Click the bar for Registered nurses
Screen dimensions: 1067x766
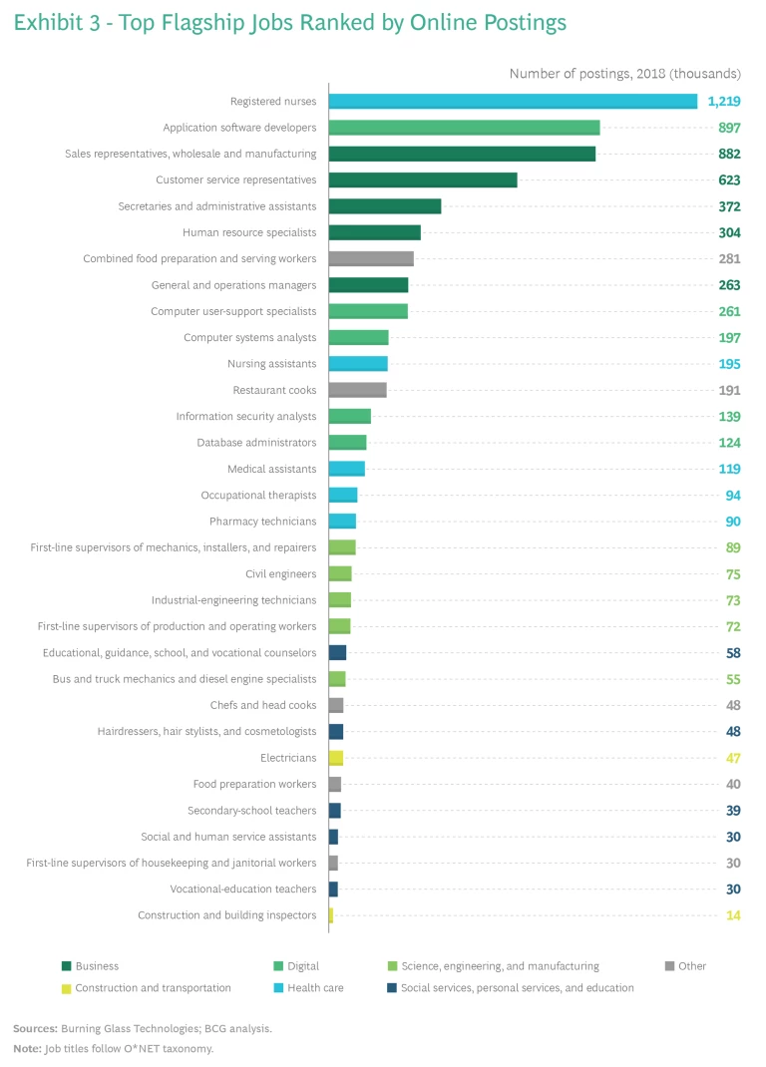513,102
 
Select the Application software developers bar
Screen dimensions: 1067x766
464,128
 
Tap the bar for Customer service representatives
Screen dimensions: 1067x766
423,179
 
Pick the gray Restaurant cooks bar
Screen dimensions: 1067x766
357,390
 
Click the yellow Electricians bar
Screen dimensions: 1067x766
336,758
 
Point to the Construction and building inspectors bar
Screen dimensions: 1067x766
331,915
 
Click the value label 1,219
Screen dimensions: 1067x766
724,102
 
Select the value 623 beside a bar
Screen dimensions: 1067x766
729,180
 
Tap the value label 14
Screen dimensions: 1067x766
733,915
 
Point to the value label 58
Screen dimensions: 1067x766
733,653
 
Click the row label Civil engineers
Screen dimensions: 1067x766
280,574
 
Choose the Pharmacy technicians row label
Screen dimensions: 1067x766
262,522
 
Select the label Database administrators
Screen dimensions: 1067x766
256,443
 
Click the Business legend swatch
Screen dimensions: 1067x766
66,966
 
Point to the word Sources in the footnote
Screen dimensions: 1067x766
34,1028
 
